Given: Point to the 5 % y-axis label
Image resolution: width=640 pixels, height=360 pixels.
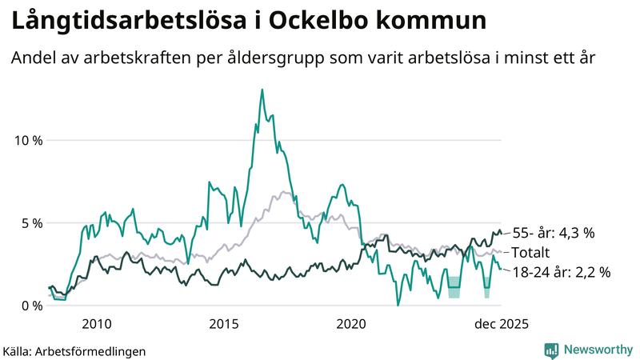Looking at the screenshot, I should (30, 222).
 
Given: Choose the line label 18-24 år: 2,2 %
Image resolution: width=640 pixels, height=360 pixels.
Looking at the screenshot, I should (561, 272).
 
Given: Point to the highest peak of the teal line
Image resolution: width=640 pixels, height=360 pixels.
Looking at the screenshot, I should (262, 90).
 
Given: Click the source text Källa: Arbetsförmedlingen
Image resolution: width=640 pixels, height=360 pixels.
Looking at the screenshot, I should (74, 350).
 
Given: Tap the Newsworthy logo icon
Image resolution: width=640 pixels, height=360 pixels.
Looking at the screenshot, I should (551, 350).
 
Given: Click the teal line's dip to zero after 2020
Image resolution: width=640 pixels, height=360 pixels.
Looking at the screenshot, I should (398, 305).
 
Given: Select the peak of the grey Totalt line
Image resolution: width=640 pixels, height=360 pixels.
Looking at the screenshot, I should (282, 192).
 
